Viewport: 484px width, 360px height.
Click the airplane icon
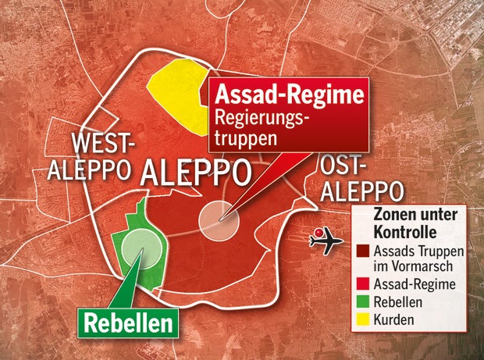coord(326,240)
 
